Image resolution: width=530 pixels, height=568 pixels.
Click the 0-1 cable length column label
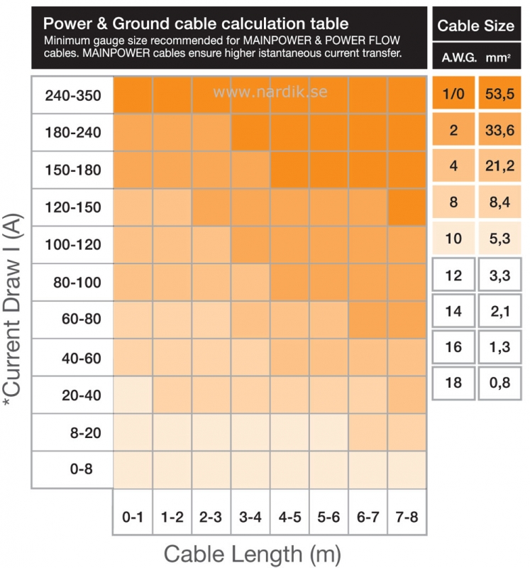coord(133,518)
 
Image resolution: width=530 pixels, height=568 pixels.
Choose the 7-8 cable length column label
coord(407,518)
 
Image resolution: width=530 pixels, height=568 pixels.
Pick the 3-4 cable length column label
coord(250,518)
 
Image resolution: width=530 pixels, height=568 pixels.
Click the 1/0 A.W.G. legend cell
coord(453,93)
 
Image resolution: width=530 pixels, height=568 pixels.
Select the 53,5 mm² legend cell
coord(500,93)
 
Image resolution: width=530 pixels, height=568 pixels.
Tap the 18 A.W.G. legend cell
coord(453,383)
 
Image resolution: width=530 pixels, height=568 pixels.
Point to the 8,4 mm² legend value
coord(500,202)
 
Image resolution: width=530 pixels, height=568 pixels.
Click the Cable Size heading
coord(476,26)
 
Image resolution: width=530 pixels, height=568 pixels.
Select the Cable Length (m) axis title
coord(253,552)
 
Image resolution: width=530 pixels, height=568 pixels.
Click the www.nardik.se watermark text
coord(270,92)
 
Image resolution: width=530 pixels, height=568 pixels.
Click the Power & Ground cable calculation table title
coord(196,23)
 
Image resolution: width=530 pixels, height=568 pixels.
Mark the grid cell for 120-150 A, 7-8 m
coord(407,207)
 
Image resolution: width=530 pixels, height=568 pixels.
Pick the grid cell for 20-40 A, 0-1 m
coord(133,394)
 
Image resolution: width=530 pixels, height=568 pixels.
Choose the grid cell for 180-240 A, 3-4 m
coord(250,132)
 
